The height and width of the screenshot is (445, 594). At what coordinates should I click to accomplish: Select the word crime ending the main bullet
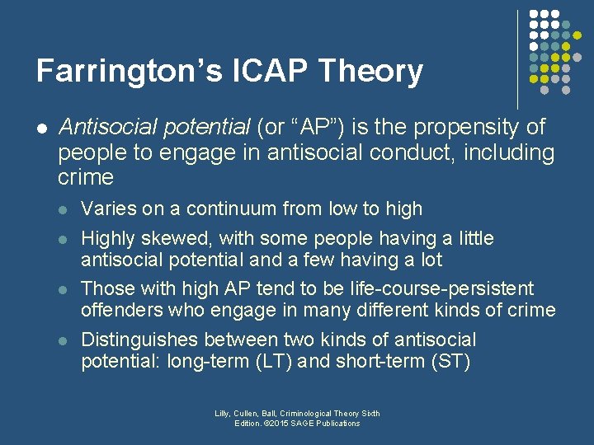[86, 177]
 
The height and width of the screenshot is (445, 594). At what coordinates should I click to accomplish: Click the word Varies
[110, 208]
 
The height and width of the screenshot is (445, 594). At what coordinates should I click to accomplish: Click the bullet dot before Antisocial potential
[42, 129]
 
